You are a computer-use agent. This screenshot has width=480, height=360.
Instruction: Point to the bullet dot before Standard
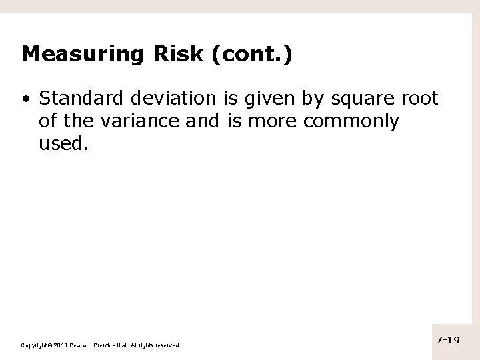pyautogui.click(x=25, y=100)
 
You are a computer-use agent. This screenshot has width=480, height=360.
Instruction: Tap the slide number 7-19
pyautogui.click(x=448, y=340)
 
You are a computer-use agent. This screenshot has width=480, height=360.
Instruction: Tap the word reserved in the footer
pyautogui.click(x=167, y=345)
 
